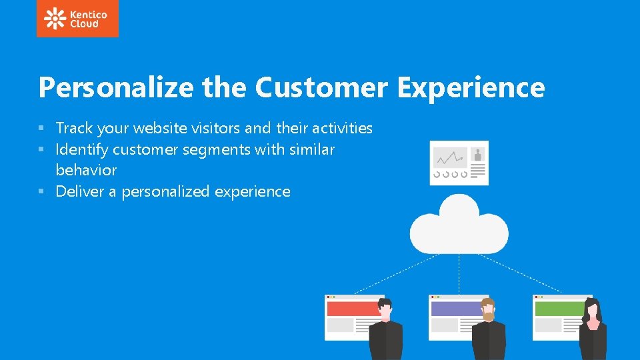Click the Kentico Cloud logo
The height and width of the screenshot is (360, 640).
click(77, 19)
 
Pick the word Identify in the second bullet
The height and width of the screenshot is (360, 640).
click(83, 149)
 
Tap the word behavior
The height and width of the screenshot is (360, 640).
click(86, 170)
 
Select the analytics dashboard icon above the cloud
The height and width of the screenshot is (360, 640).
click(459, 162)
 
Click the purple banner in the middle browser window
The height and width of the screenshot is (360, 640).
click(456, 309)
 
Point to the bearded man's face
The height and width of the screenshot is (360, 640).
click(489, 309)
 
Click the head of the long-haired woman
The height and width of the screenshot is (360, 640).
click(592, 309)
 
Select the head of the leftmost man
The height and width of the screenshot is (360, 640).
click(385, 309)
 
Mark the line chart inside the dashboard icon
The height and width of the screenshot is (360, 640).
click(450, 159)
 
